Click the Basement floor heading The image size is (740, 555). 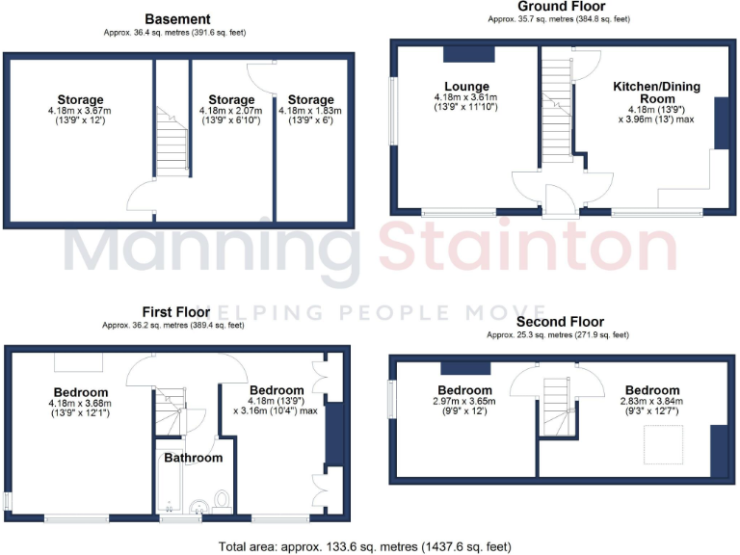[176, 18]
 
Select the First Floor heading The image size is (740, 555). [174, 312]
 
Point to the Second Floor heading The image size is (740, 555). [559, 322]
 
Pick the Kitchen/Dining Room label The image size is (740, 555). [656, 92]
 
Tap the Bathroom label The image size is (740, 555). [193, 458]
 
